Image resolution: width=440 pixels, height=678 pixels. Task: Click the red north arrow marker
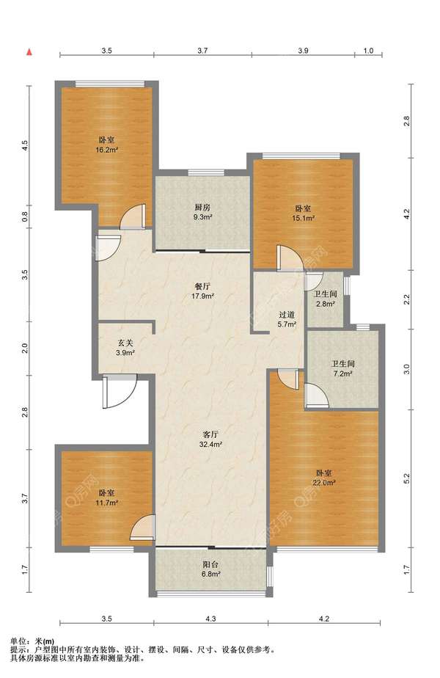click(x=29, y=52)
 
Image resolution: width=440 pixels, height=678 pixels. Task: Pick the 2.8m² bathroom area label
click(x=326, y=304)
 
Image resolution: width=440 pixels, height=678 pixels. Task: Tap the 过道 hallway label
click(x=286, y=316)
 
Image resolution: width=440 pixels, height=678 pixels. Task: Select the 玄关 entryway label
click(x=125, y=343)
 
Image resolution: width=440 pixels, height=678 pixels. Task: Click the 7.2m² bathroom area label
click(x=343, y=373)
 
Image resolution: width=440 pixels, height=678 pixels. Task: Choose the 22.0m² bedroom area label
click(x=325, y=483)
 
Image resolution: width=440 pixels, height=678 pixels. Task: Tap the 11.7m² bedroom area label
click(x=107, y=503)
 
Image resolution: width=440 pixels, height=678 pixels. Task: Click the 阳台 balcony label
click(x=211, y=565)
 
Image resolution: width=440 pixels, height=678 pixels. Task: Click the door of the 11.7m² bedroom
click(x=142, y=528)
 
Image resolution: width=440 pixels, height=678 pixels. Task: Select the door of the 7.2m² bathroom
click(x=316, y=395)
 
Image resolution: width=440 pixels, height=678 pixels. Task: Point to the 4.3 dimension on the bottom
click(x=210, y=619)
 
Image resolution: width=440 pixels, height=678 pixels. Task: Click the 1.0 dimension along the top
click(x=368, y=51)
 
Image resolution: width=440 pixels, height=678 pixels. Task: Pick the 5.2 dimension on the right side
click(x=406, y=478)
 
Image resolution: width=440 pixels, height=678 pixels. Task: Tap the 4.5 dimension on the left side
click(x=25, y=145)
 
